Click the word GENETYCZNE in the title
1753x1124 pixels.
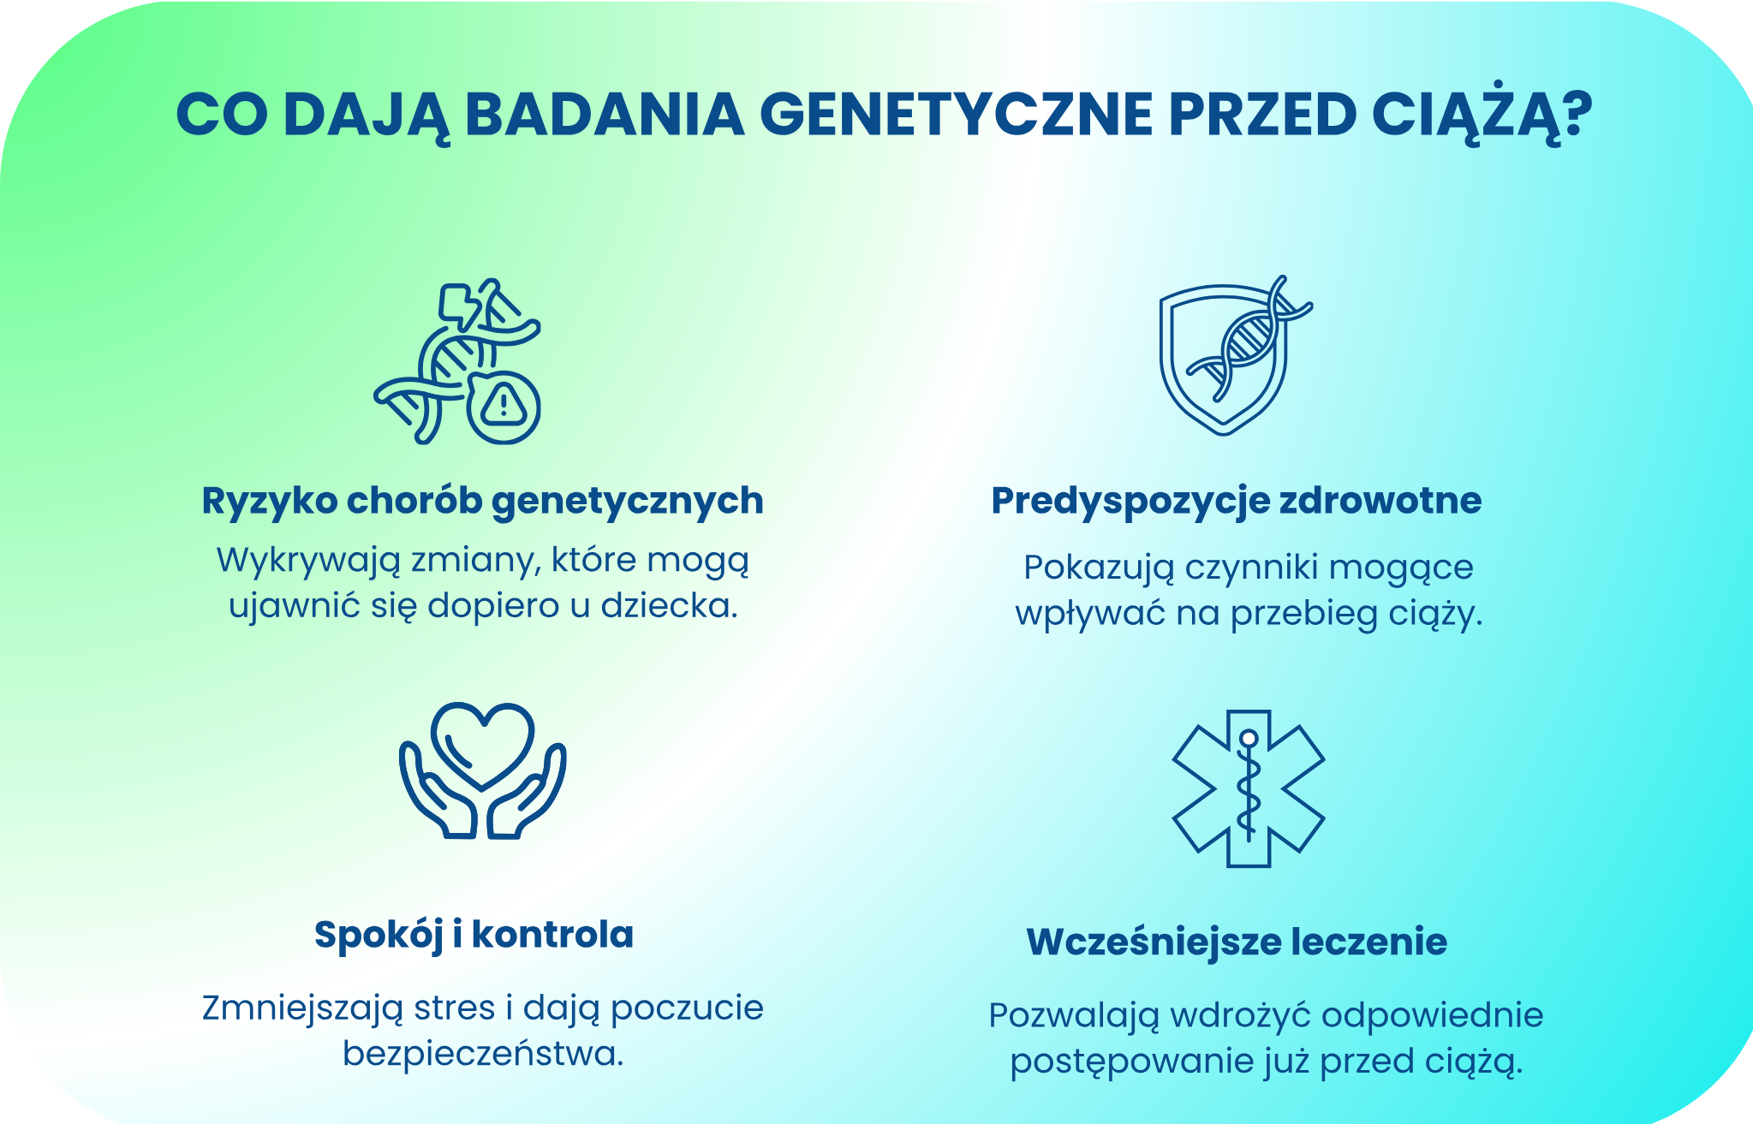pyautogui.click(x=956, y=115)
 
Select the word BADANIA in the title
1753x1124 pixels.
pyautogui.click(x=605, y=115)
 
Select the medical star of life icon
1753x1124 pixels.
pyautogui.click(x=1248, y=788)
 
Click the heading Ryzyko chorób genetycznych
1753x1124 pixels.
pyautogui.click(x=482, y=501)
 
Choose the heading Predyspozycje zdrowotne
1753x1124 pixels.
pyautogui.click(x=1236, y=501)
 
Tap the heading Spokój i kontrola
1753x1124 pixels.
pyautogui.click(x=474, y=934)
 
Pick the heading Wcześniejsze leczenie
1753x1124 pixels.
pyautogui.click(x=1237, y=942)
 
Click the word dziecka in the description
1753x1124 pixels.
pyautogui.click(x=668, y=606)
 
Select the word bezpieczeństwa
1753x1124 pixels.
pyautogui.click(x=483, y=1053)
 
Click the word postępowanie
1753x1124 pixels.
pyautogui.click(x=1130, y=1062)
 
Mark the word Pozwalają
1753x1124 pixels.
pyautogui.click(x=1073, y=1016)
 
